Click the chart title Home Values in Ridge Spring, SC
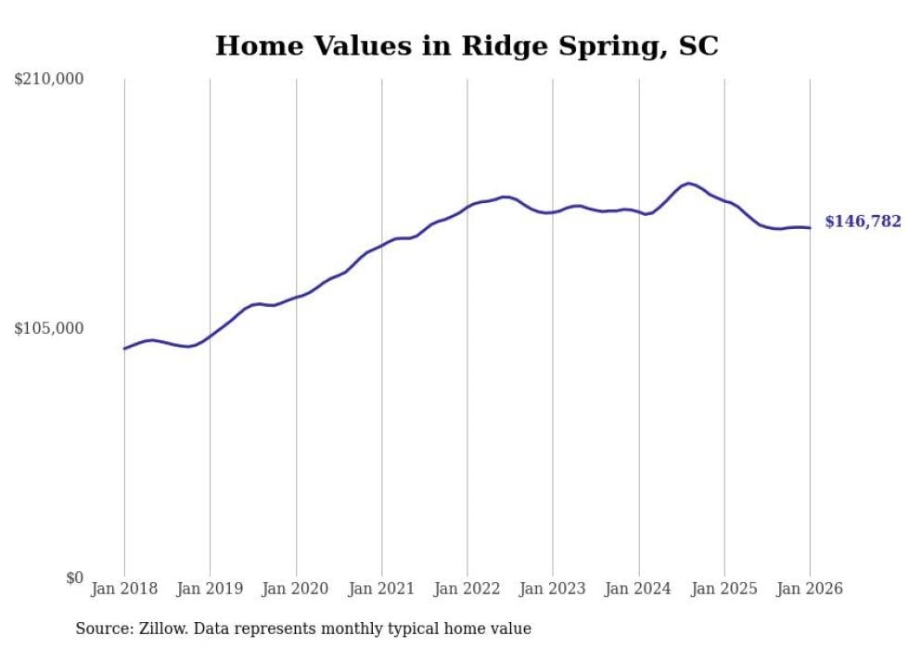(x=467, y=45)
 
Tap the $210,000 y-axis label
(x=49, y=80)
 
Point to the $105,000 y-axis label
(x=49, y=328)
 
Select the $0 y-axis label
(x=74, y=578)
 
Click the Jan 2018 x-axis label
(x=124, y=589)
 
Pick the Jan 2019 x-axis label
(x=210, y=589)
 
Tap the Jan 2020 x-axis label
(x=296, y=589)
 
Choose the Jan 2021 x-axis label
(x=381, y=589)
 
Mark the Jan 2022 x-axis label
(x=467, y=589)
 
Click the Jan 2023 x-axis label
(x=553, y=589)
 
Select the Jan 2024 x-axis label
(x=638, y=589)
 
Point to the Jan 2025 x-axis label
(x=724, y=589)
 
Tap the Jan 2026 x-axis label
(x=810, y=589)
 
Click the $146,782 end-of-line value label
(x=863, y=222)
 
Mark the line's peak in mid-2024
(x=687, y=184)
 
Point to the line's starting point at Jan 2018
(x=124, y=349)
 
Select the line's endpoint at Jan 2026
(x=810, y=228)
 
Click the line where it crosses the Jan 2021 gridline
(x=382, y=245)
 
